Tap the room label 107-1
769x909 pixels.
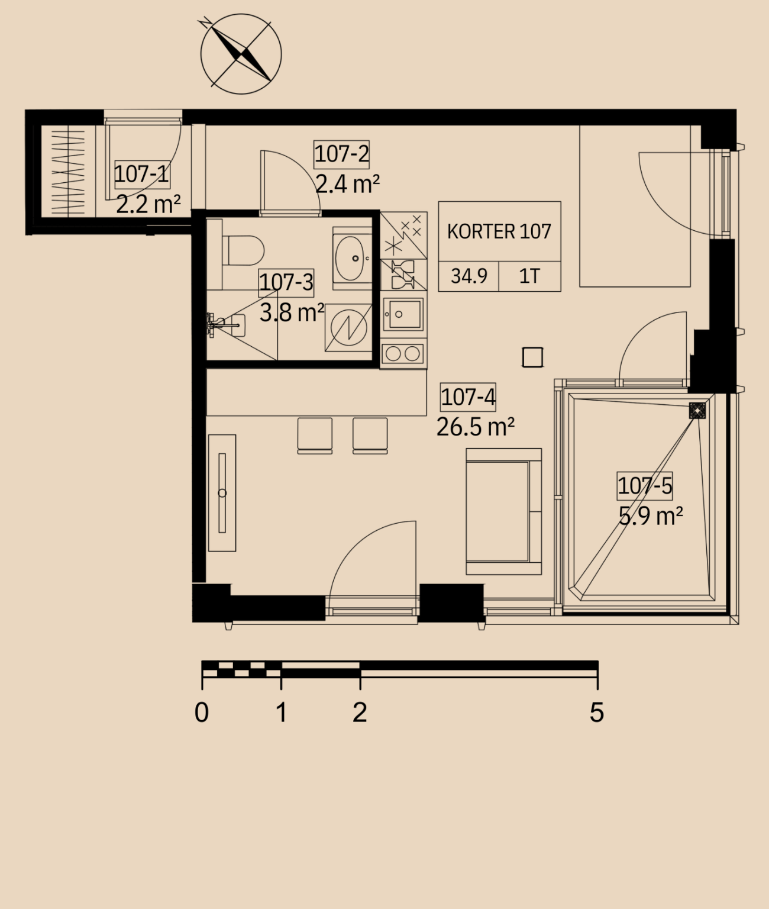141,174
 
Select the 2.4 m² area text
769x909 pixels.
347,184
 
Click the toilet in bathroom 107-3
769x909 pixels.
243,251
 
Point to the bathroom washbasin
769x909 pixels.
352,259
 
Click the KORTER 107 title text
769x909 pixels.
499,231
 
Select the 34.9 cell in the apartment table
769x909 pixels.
469,276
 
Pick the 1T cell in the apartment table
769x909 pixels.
529,276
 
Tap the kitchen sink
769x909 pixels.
403,314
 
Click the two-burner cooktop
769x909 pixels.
403,353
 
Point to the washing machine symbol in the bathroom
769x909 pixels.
348,328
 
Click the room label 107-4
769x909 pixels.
468,397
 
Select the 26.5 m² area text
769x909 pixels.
475,427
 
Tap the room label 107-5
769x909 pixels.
645,485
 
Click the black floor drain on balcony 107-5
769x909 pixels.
697,410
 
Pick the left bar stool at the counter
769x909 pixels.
315,436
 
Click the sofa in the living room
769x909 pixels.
504,511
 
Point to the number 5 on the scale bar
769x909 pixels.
597,713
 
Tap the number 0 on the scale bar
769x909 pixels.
201,713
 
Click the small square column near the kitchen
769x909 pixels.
532,357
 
